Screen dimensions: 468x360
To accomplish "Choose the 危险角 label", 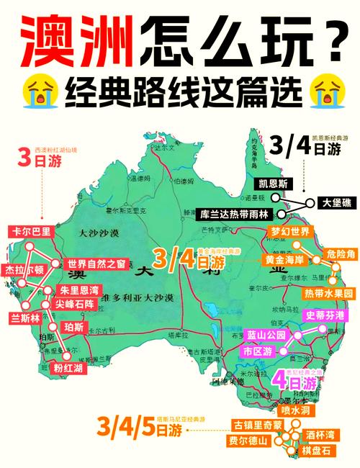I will pyautogui.click(x=337, y=254).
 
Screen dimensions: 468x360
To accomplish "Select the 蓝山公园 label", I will pyautogui.click(x=266, y=335).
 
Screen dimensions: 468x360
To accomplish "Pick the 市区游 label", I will pyautogui.click(x=257, y=351).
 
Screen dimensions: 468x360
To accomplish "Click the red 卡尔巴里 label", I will pyautogui.click(x=32, y=231).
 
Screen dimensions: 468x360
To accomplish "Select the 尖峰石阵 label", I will pyautogui.click(x=74, y=305).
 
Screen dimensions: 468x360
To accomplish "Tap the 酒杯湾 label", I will pyautogui.click(x=320, y=435).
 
